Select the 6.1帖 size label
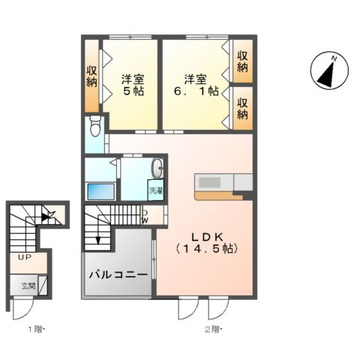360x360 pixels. pyautogui.click(x=196, y=91)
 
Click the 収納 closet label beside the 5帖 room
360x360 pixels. pyautogui.click(x=91, y=76)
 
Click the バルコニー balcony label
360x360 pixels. pyautogui.click(x=118, y=274)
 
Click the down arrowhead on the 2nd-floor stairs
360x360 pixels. pyautogui.click(x=97, y=240)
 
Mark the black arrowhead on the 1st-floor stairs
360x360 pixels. pyautogui.click(x=46, y=218)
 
